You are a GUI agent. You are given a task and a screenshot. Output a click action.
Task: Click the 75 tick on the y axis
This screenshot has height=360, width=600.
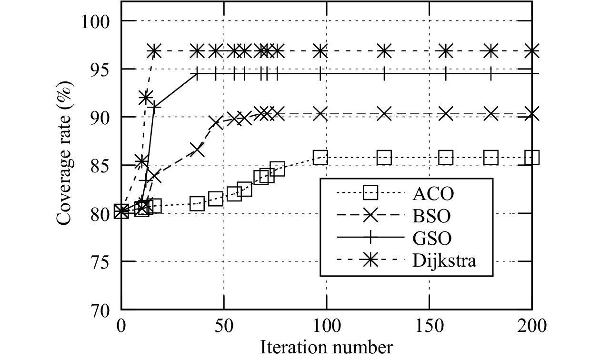tap(105, 261)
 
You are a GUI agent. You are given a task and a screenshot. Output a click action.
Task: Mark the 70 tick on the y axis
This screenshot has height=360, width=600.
tap(105, 310)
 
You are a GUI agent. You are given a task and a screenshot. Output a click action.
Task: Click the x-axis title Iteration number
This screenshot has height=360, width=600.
tap(326, 347)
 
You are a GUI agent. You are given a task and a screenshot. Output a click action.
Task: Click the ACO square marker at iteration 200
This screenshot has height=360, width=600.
tap(532, 157)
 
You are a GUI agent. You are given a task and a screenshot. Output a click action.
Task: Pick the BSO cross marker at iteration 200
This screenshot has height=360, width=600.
tap(532, 114)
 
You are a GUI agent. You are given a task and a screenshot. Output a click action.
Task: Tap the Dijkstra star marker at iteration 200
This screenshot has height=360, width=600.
tap(532, 50)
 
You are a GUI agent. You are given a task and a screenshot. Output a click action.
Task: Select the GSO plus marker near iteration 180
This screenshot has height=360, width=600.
tap(491, 74)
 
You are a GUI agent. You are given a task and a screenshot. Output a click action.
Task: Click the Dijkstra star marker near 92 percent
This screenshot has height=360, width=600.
tap(146, 98)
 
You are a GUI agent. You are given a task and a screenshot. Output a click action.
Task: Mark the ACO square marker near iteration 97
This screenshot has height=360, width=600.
tap(320, 157)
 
